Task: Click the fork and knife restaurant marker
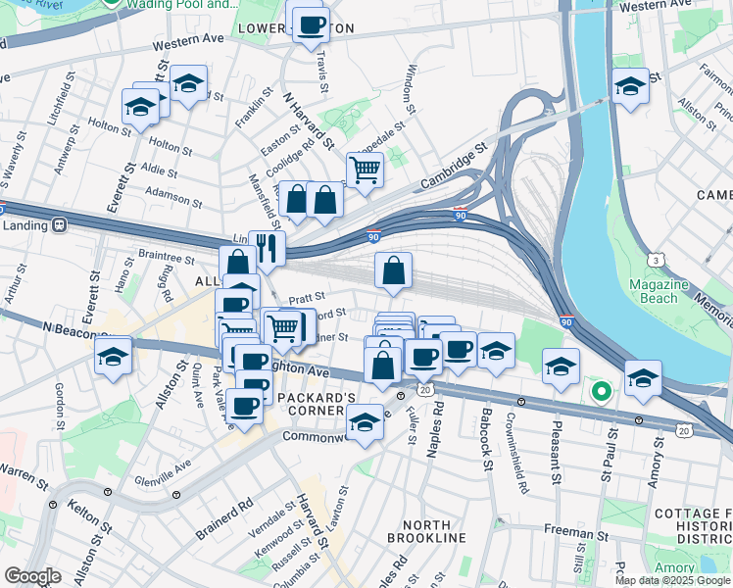tap(267, 249)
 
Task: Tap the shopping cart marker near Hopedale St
tap(365, 170)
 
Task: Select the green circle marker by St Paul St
tap(601, 393)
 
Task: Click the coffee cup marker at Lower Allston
tap(311, 24)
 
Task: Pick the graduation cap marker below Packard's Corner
tap(365, 422)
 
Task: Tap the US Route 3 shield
tap(653, 260)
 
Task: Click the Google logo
tap(32, 576)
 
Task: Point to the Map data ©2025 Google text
tap(672, 580)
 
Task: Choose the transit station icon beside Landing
tap(60, 224)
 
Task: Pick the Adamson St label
tap(174, 199)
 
